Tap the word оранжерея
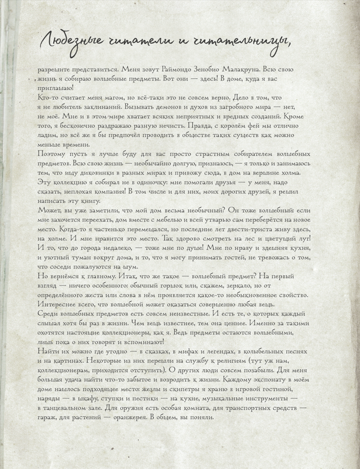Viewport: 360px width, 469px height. [126, 417]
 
